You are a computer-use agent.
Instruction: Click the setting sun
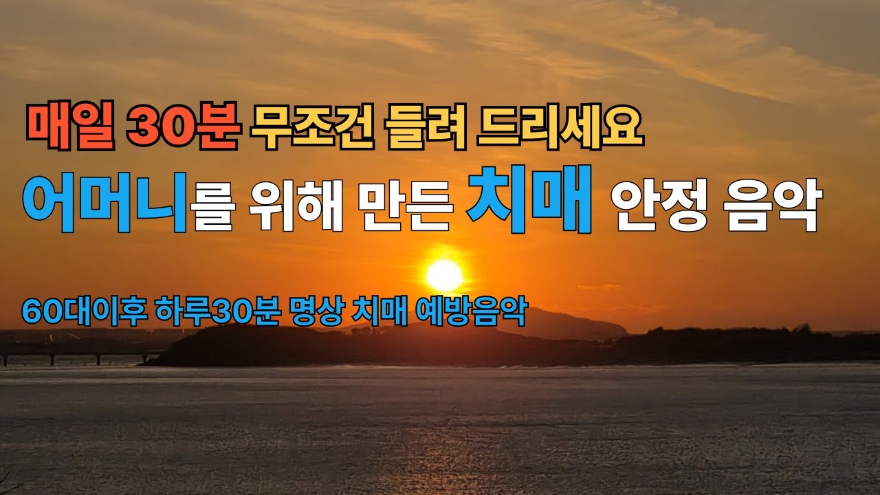pos(444,275)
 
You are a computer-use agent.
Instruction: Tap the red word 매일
pos(70,128)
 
